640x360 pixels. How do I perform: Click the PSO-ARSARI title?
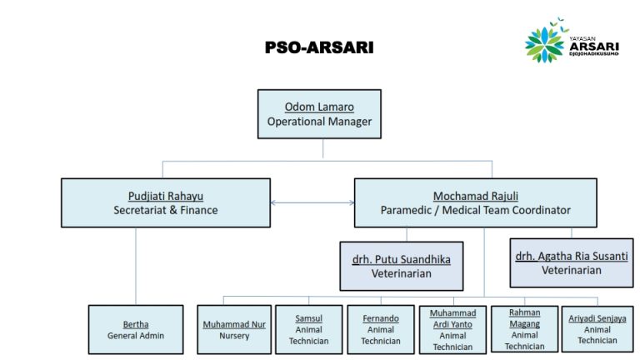(319, 47)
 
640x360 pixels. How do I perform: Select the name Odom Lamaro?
(319, 107)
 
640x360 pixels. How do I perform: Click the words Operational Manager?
(319, 122)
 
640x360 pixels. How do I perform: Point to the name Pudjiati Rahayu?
(166, 197)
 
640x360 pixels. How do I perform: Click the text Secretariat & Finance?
(166, 210)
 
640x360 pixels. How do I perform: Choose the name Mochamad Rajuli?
(476, 197)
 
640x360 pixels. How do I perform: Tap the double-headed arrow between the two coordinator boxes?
(312, 202)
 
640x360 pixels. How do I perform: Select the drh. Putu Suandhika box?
(402, 266)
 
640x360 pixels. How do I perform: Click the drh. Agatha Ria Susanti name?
(572, 257)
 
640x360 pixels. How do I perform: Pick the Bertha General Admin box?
(136, 329)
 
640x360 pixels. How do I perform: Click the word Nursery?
(234, 336)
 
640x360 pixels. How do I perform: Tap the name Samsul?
(309, 318)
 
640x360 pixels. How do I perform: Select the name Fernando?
(381, 318)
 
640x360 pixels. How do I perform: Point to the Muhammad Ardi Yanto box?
(452, 330)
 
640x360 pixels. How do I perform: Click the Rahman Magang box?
(524, 329)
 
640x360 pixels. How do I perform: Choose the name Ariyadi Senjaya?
(597, 318)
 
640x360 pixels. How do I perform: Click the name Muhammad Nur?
(234, 324)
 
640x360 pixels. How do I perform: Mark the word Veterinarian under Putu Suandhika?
(402, 273)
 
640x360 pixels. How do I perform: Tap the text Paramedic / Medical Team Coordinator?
(476, 210)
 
